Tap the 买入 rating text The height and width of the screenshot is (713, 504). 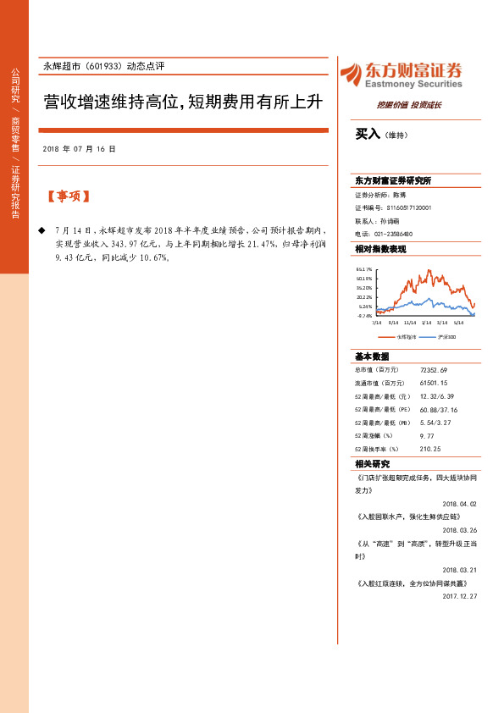pyautogui.click(x=368, y=135)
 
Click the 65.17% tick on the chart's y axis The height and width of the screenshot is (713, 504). pyautogui.click(x=364, y=268)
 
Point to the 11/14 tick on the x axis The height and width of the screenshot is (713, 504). pyautogui.click(x=411, y=323)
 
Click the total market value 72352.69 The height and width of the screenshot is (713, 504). pyautogui.click(x=433, y=370)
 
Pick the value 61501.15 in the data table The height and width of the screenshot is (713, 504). pyautogui.click(x=433, y=384)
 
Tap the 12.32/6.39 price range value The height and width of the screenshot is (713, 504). pyautogui.click(x=436, y=396)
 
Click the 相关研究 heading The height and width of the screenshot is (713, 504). pyautogui.click(x=373, y=464)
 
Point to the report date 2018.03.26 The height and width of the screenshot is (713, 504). pyautogui.click(x=460, y=532)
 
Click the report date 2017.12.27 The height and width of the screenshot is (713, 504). pyautogui.click(x=460, y=596)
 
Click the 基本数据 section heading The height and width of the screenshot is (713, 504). pyautogui.click(x=373, y=356)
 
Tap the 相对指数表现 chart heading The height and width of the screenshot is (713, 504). pyautogui.click(x=380, y=249)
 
